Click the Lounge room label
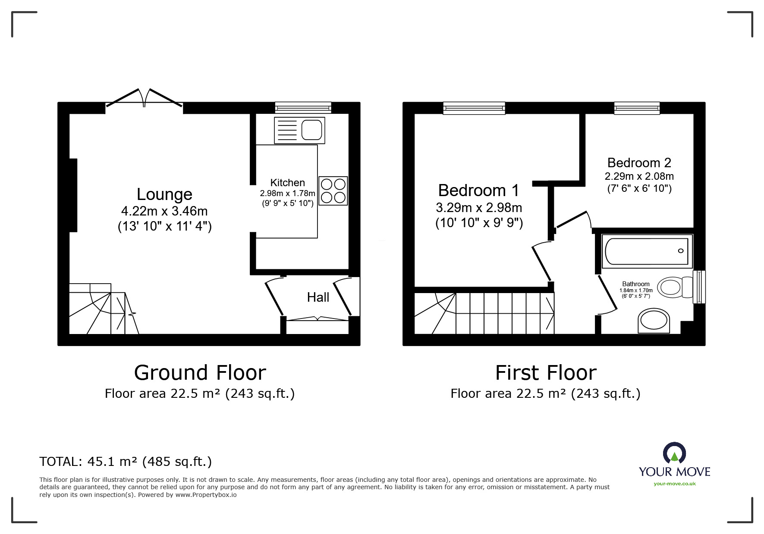coord(164,194)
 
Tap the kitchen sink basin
coord(311,130)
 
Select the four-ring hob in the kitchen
coord(333,190)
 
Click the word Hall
coord(318,297)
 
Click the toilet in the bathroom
coord(673,287)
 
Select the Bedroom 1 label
coord(478,190)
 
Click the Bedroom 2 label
coord(639,163)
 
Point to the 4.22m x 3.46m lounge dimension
coord(164,211)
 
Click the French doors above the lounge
coord(144,99)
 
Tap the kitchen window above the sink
coord(303,108)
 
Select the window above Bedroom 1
coord(474,108)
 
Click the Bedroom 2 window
coord(637,108)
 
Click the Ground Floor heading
coord(200,373)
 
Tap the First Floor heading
coord(545,373)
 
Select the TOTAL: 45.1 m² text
coord(126,462)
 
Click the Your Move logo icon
coord(674,453)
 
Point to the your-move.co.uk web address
coord(674,484)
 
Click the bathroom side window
coord(699,287)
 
